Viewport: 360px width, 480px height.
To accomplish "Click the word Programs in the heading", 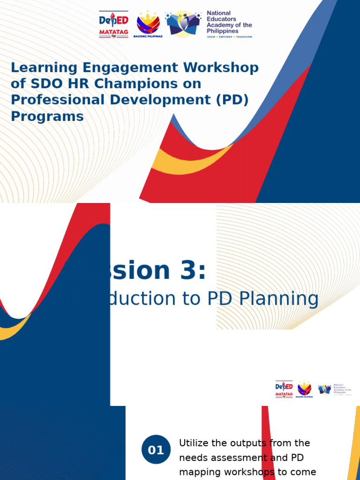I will click(x=47, y=116).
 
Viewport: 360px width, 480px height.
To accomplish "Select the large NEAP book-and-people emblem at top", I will click(x=183, y=23).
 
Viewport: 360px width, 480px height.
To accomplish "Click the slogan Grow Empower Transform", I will click(x=229, y=36).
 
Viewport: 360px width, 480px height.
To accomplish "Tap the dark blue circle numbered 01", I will click(x=156, y=450).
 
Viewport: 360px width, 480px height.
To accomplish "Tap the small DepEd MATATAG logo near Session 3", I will click(x=284, y=390).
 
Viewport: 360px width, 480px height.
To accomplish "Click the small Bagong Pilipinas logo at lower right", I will click(x=305, y=390).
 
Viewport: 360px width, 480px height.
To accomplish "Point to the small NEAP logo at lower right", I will click(x=324, y=389).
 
